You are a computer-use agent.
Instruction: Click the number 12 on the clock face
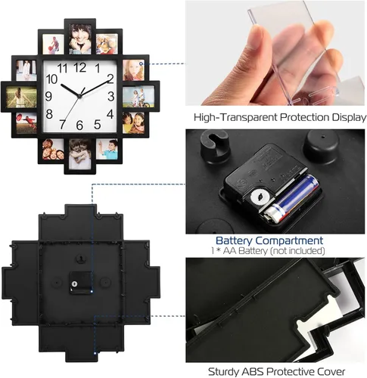tap(80, 67)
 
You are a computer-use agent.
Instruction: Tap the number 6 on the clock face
tap(79, 125)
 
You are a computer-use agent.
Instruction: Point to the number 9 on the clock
tap(48, 96)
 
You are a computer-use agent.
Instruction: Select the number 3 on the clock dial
tap(111, 96)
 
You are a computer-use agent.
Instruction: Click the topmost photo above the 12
tap(80, 39)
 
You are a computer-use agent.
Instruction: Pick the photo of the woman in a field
tap(21, 97)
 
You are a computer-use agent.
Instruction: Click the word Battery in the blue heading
tap(234, 240)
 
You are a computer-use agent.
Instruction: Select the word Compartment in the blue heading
tap(289, 241)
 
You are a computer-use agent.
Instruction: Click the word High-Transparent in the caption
tap(235, 118)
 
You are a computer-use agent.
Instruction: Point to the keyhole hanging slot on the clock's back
tap(80, 259)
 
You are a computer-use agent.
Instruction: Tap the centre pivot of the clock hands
tap(79, 96)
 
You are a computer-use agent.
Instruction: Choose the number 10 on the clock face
tap(51, 79)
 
